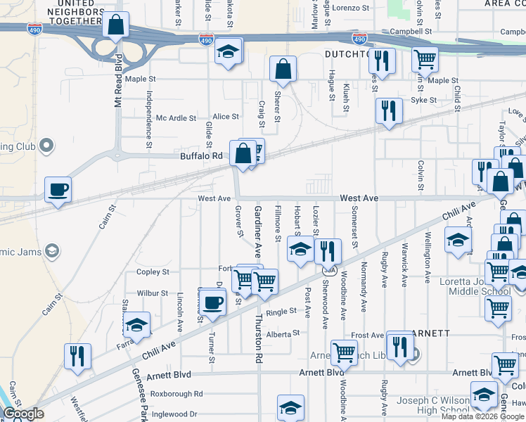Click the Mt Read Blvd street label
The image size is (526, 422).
(x=119, y=80)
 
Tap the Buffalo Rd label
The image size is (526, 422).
(x=201, y=156)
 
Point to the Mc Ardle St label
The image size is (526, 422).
(x=176, y=118)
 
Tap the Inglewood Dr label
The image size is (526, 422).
(x=174, y=414)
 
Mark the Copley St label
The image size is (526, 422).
(x=153, y=272)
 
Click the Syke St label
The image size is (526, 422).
(x=423, y=101)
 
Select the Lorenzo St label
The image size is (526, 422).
(x=351, y=8)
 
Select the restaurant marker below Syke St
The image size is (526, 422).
(x=388, y=110)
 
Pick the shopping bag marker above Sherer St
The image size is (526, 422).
(x=283, y=69)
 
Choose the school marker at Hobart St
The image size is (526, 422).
(x=300, y=249)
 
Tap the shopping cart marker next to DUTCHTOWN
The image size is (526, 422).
(x=425, y=60)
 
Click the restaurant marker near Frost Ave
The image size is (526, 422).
(x=399, y=346)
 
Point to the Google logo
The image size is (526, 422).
(x=24, y=414)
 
